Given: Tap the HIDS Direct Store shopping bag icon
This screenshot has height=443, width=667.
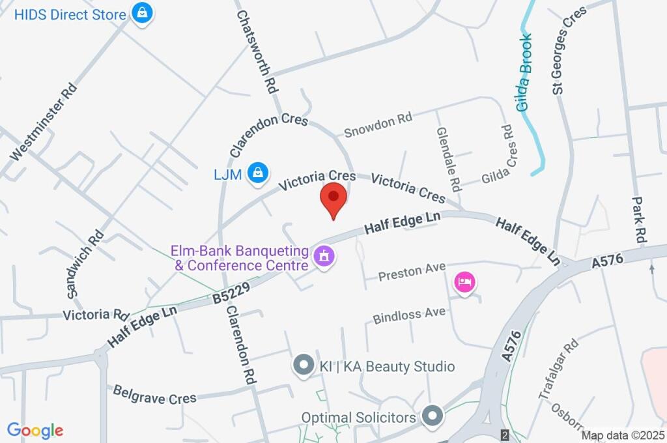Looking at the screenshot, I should [x=141, y=12].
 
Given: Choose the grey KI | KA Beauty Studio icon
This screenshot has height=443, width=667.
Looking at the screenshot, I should [x=303, y=365].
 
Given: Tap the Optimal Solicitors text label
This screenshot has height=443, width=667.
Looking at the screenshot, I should [x=358, y=417].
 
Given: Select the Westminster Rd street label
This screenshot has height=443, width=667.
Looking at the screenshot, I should [x=44, y=122].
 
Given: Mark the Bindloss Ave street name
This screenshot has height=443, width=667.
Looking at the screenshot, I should [x=409, y=315].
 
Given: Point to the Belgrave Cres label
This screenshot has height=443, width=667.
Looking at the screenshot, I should [x=150, y=395].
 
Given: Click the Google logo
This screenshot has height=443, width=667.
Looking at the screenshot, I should [x=35, y=431].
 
